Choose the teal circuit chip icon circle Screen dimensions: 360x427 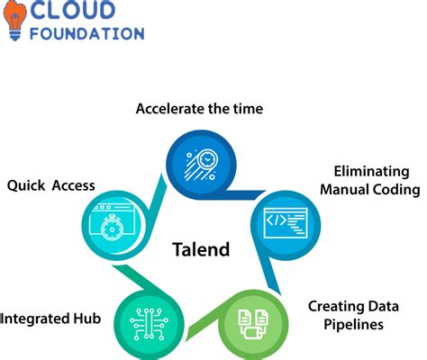(x=146, y=319)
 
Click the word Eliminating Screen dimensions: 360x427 (x=372, y=171)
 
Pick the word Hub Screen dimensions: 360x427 (x=92, y=318)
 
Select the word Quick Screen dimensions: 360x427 (x=26, y=185)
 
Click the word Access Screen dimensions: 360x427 (x=73, y=185)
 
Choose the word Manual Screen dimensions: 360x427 (x=353, y=189)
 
